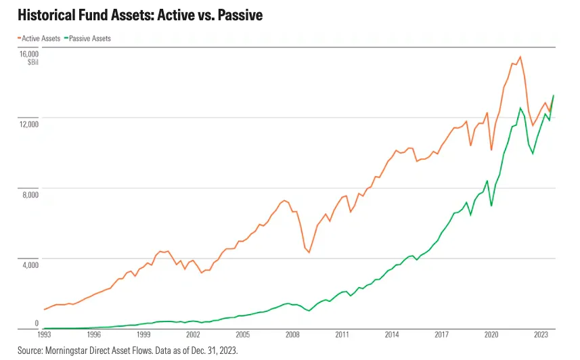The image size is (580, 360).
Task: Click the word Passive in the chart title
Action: point(240,15)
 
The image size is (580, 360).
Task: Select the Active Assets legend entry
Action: point(39,39)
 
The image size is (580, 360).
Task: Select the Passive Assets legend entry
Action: point(88,39)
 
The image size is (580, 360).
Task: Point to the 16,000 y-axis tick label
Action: point(29,54)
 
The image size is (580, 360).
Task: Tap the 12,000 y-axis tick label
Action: point(29,125)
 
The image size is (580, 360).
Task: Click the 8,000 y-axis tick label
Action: point(30,195)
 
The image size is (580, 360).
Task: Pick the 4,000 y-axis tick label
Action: point(30,265)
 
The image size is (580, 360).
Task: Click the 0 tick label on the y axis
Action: point(37,323)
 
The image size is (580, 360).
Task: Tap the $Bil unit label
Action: point(33,62)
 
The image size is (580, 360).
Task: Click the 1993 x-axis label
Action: point(44,335)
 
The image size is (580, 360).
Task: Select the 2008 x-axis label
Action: point(292,335)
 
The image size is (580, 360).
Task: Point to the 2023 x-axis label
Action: point(541,335)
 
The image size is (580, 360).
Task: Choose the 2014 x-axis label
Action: point(392,335)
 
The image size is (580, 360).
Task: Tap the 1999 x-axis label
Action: point(143,335)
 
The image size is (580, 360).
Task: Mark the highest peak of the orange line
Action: point(520,57)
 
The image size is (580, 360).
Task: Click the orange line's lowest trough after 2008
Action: point(309,252)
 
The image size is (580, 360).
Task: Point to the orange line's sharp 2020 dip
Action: point(491,150)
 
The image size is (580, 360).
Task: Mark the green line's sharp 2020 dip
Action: point(491,206)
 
